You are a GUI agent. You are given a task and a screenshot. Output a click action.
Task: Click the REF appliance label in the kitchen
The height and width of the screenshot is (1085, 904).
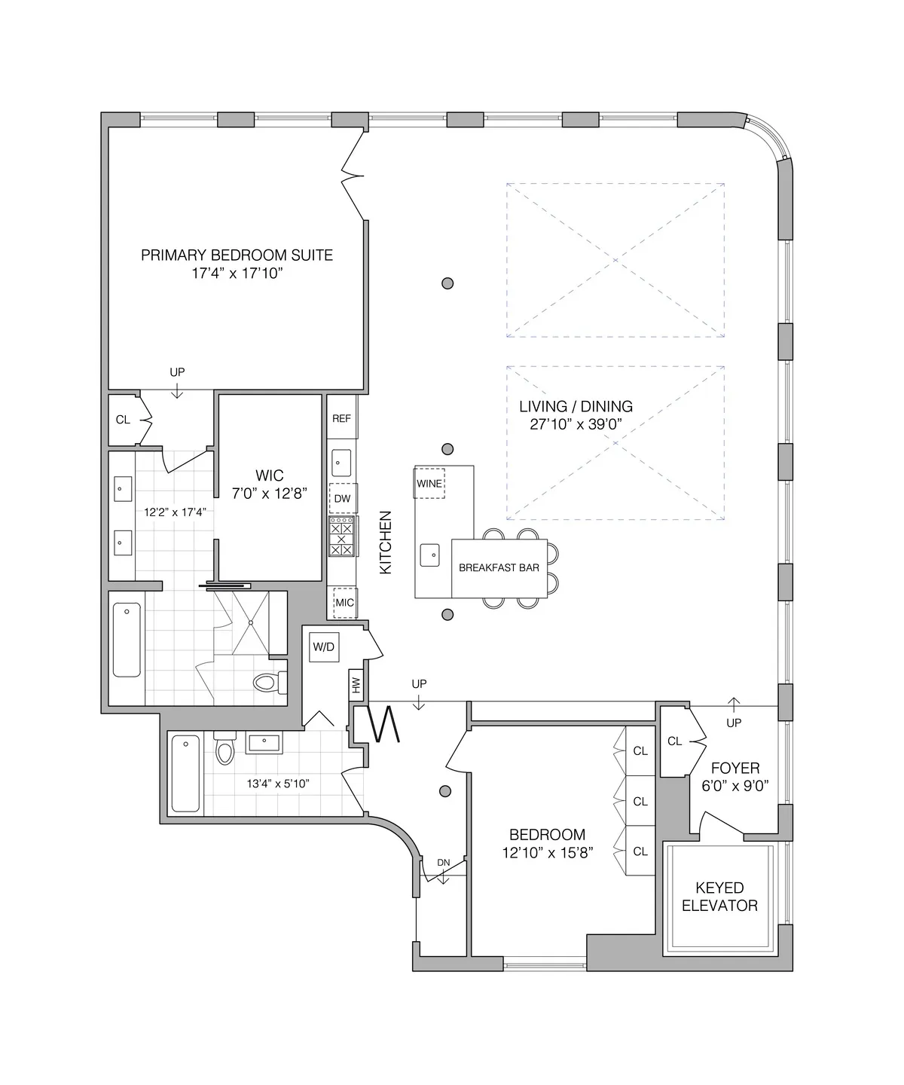click(x=341, y=418)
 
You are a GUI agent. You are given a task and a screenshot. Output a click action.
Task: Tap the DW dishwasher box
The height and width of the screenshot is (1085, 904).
click(x=342, y=499)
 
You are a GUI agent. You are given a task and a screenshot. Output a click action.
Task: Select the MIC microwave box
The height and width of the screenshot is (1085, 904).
click(x=344, y=603)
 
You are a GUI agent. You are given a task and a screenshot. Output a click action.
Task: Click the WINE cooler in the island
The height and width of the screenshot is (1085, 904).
click(x=429, y=483)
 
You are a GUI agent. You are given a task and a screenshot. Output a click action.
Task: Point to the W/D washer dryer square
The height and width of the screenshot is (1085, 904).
click(x=324, y=646)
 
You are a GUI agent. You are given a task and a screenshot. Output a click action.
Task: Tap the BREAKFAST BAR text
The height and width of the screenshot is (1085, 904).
click(x=499, y=567)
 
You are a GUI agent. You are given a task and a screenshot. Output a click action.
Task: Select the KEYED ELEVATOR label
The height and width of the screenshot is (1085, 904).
click(x=719, y=897)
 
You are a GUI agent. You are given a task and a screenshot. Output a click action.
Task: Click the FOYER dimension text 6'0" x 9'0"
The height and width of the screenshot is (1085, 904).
click(x=735, y=785)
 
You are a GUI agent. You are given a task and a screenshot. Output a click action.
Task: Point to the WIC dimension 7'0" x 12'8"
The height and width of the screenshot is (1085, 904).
click(x=270, y=493)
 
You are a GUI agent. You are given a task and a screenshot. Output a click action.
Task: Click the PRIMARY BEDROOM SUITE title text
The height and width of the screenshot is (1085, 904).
click(x=237, y=255)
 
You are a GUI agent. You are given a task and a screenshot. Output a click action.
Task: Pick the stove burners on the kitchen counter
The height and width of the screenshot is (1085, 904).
click(x=342, y=536)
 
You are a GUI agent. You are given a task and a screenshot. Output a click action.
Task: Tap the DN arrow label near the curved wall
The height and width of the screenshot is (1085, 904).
click(x=444, y=863)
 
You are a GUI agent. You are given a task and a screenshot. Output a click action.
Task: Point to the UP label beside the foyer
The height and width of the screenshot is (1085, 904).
click(x=734, y=723)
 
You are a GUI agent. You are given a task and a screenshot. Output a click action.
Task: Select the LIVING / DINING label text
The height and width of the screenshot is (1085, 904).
click(x=576, y=406)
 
